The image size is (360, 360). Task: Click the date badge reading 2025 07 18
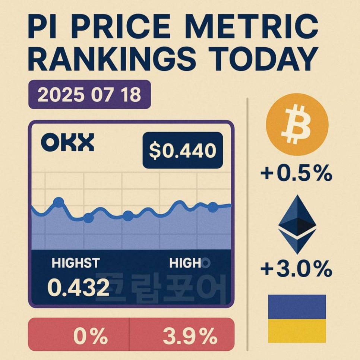(89, 95)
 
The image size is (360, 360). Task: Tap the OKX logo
(67, 143)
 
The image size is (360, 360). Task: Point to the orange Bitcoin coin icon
(297, 124)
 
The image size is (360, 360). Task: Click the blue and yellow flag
(297, 319)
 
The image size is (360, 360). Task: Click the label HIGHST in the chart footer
(76, 263)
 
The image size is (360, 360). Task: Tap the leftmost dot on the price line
(59, 202)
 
